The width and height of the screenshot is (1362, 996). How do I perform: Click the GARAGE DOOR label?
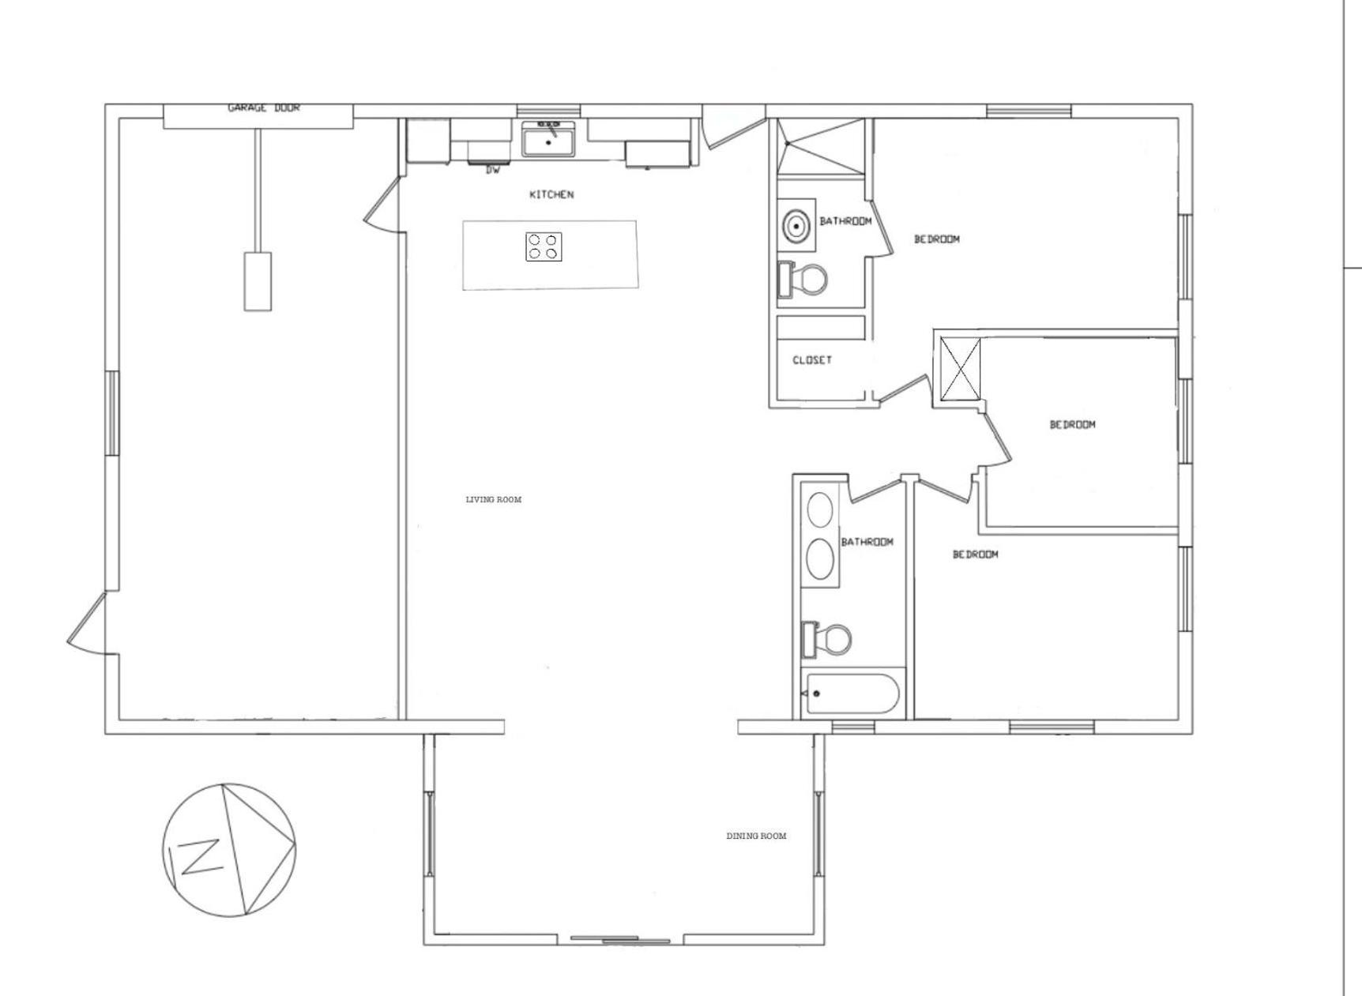[x=264, y=107]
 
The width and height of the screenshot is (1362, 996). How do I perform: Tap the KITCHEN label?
[x=551, y=194]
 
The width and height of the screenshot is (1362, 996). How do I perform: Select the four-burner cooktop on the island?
[x=544, y=246]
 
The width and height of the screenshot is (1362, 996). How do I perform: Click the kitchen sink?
[x=548, y=140]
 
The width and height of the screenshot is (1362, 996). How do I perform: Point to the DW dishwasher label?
[x=493, y=170]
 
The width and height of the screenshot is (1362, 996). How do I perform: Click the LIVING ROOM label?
[x=494, y=499]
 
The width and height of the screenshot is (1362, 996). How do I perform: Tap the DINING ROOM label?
[x=756, y=836]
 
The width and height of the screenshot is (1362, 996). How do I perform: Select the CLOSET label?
[x=812, y=360]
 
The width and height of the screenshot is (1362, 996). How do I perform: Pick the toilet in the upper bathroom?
[x=803, y=279]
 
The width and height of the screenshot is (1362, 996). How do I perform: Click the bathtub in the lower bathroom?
[x=852, y=694]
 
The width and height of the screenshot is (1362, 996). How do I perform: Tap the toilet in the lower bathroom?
[x=826, y=639]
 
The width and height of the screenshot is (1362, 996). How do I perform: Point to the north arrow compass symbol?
[x=229, y=850]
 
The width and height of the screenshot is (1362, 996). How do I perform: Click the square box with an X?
[x=961, y=369]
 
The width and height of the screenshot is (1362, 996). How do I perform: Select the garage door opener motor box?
[x=258, y=281]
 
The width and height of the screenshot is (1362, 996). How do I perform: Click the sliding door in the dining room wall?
[x=620, y=939]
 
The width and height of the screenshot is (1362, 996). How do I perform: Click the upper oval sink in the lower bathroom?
[x=821, y=509]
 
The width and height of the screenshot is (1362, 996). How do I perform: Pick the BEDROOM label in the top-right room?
[x=937, y=239]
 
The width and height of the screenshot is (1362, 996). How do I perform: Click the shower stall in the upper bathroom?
[x=821, y=146]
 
